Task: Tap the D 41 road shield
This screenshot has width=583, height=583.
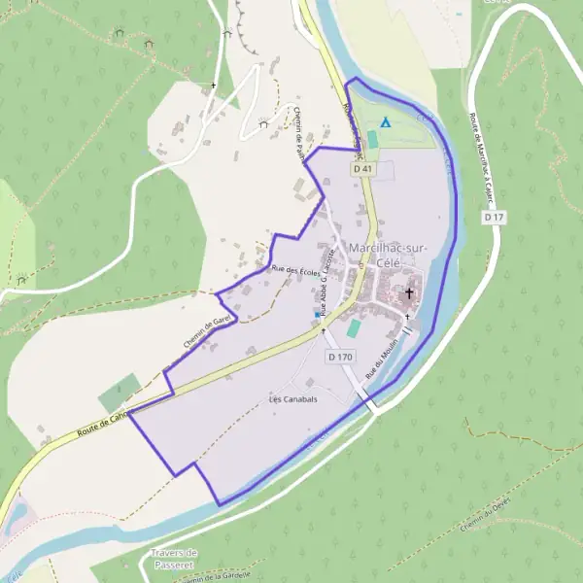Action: pos(363,169)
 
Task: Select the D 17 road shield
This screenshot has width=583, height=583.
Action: pos(494,218)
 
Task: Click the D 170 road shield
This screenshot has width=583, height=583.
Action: pos(339,358)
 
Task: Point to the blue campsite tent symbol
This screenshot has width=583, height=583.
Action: pos(386,122)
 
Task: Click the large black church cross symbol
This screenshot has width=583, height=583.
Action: pos(410,293)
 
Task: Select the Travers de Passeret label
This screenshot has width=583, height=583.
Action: pos(174,559)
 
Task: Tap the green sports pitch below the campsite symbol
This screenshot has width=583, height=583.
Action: pos(372,139)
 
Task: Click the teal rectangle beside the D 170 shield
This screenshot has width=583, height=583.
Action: pos(352,329)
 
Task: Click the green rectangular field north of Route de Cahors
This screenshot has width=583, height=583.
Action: pos(119,392)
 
